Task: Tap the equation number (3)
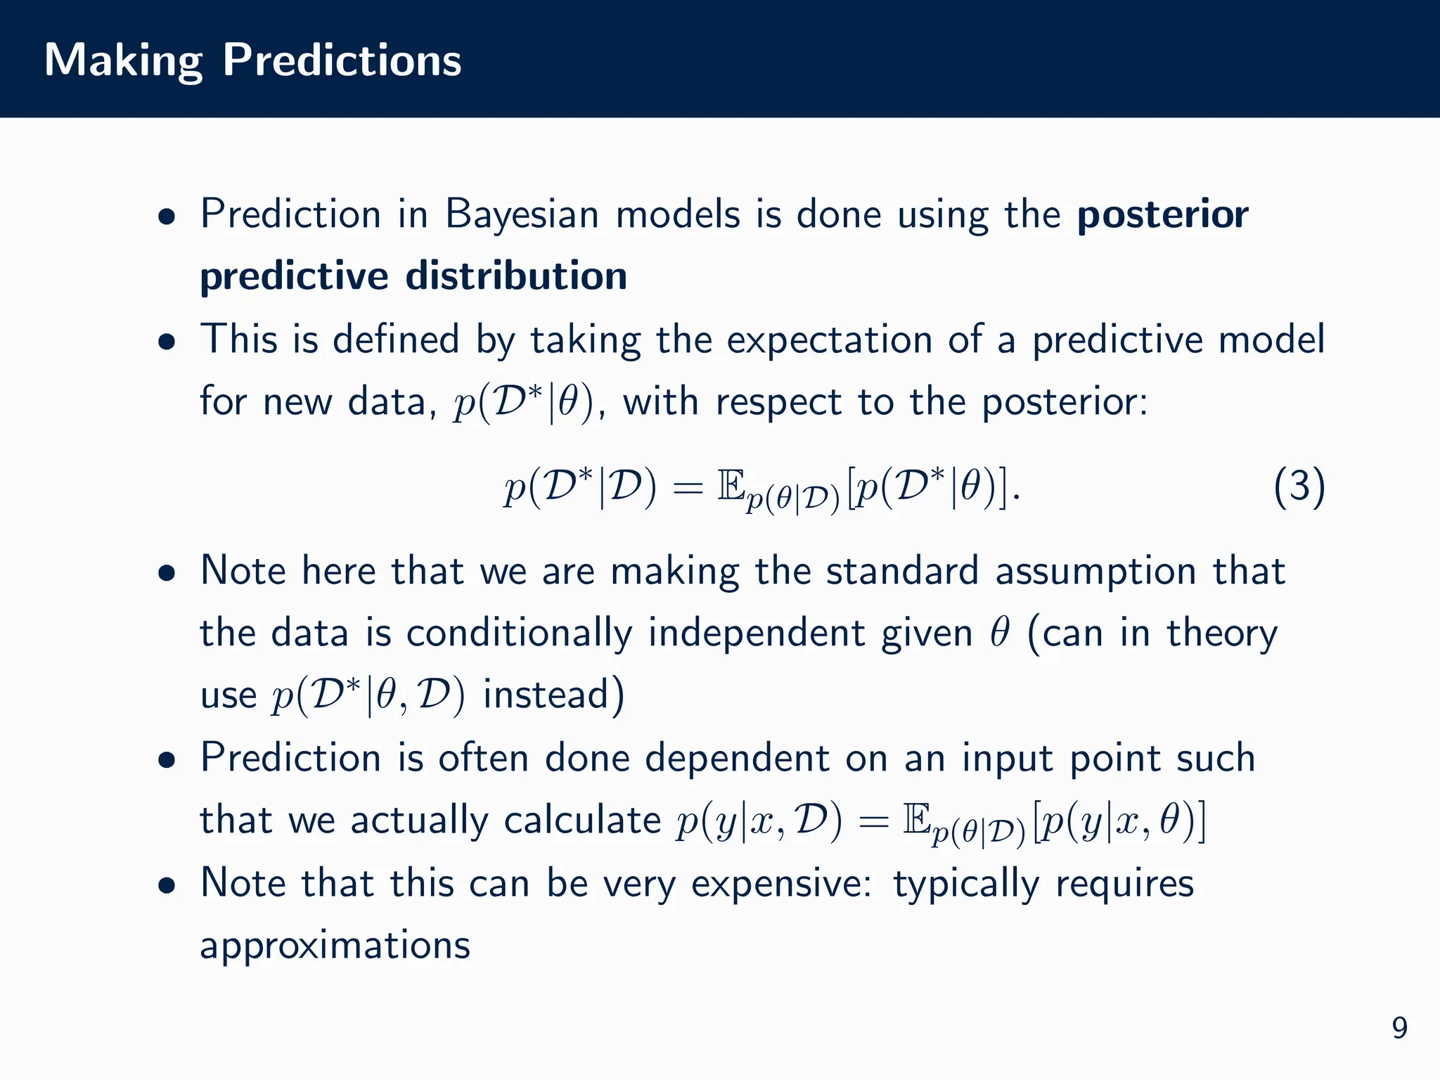1299,487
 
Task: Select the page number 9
1399,1028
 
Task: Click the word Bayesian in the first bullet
522,214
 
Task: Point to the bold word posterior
1162,215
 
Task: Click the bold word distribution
516,276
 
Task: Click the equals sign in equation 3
687,488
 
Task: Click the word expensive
781,883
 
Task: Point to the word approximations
335,945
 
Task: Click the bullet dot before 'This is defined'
167,342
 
